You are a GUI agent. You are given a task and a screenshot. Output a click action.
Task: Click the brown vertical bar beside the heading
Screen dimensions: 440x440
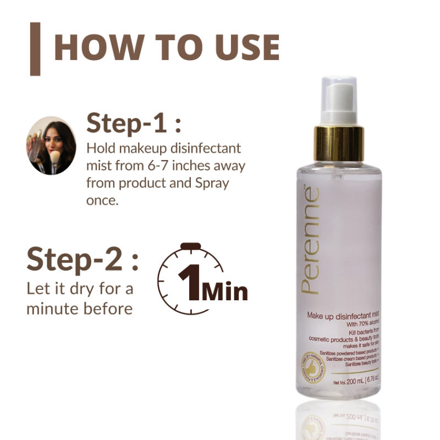pyautogui.click(x=35, y=48)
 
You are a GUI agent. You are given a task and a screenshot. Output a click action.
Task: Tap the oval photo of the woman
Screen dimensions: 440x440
pyautogui.click(x=51, y=145)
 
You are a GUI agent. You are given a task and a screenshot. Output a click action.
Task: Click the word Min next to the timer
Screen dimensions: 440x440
pyautogui.click(x=224, y=291)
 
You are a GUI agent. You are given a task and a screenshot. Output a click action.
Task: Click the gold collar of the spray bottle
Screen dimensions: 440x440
pyautogui.click(x=338, y=142)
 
